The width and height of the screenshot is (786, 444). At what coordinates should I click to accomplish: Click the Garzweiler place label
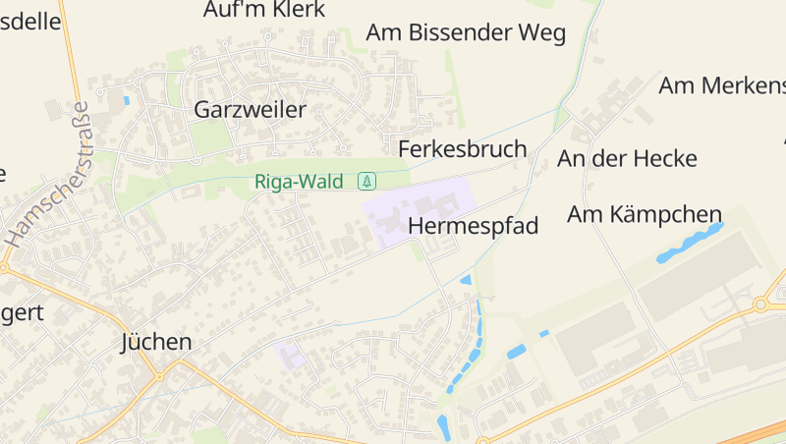click(250, 109)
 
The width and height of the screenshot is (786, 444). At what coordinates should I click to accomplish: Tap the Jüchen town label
click(155, 342)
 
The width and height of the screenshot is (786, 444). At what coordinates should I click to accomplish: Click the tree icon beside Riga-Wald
click(366, 181)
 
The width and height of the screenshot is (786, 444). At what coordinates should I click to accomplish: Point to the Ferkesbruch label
click(462, 149)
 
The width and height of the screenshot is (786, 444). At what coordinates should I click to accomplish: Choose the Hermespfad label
click(473, 226)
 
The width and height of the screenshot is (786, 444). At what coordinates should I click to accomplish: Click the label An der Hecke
click(627, 158)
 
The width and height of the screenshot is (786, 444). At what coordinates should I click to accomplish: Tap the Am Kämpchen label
click(645, 214)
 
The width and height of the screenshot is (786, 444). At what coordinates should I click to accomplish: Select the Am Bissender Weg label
click(466, 32)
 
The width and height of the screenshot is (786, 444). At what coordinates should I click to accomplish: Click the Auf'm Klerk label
click(259, 10)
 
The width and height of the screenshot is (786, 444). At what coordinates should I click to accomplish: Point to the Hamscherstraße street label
click(46, 175)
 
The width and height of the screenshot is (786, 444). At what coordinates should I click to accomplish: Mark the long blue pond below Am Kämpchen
click(690, 242)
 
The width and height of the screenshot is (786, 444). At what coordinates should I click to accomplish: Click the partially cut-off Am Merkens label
click(721, 85)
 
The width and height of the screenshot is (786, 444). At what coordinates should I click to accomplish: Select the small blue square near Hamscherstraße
click(126, 100)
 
